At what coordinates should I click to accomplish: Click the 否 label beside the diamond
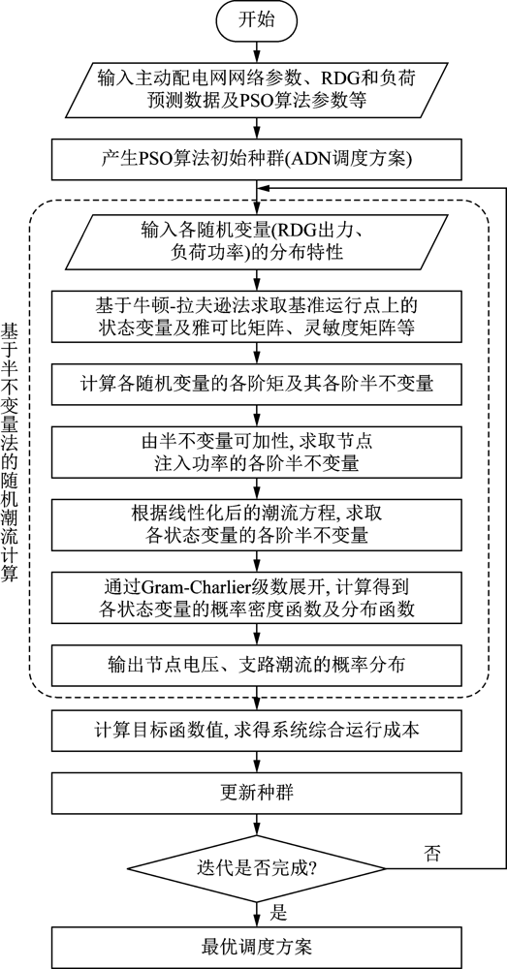431,854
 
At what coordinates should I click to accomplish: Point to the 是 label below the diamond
279,912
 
